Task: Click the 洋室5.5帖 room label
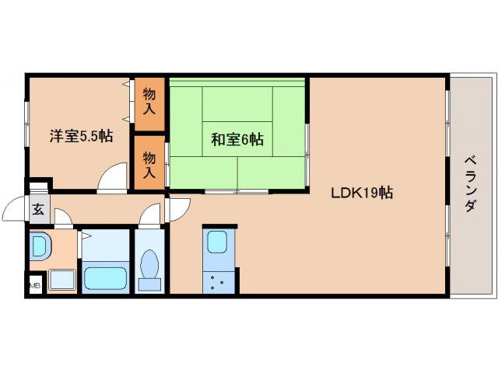pyautogui.click(x=81, y=136)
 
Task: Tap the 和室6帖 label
pyautogui.click(x=237, y=140)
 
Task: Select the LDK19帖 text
pyautogui.click(x=361, y=193)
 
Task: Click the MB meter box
pyautogui.click(x=34, y=286)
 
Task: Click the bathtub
pyautogui.click(x=104, y=277)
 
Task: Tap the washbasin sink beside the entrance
pyautogui.click(x=39, y=248)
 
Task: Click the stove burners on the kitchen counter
pyautogui.click(x=217, y=281)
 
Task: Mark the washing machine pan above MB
pyautogui.click(x=61, y=278)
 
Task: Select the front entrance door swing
pyautogui.click(x=16, y=210)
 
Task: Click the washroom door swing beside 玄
pyautogui.click(x=64, y=218)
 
